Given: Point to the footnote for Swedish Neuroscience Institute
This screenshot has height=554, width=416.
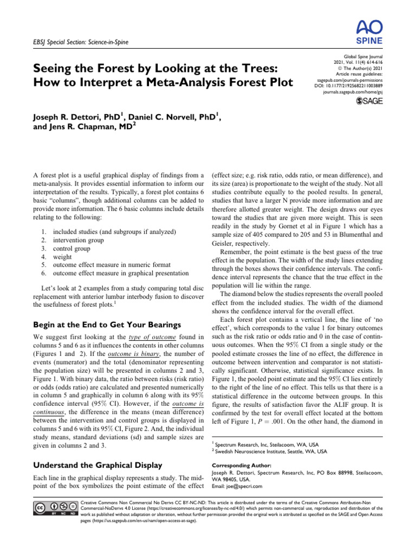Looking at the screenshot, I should pos(269,451).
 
